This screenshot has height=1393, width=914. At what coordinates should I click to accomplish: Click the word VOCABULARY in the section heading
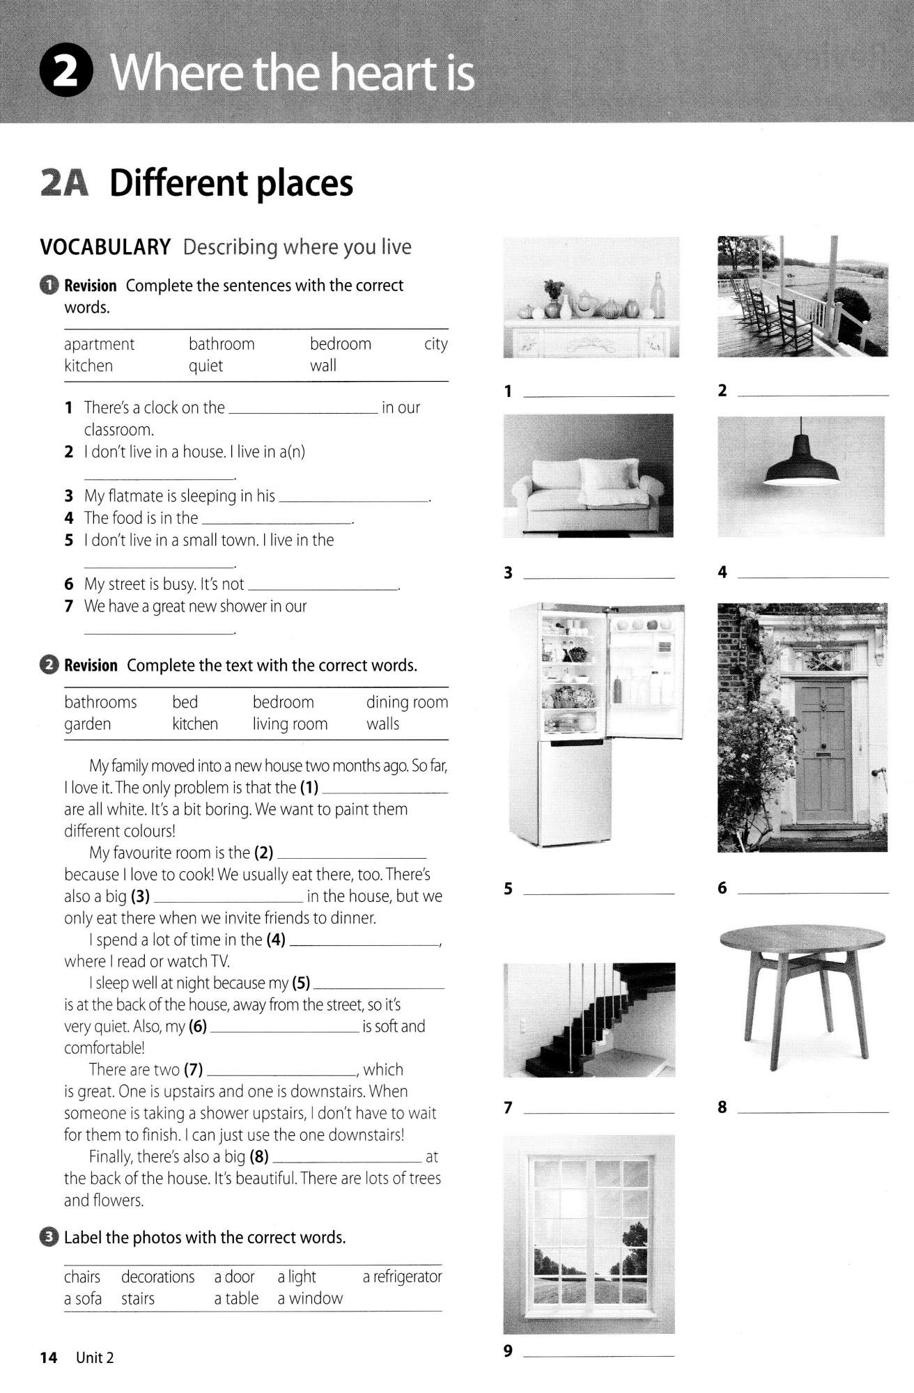pyautogui.click(x=105, y=247)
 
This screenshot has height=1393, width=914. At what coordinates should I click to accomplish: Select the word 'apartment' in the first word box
pyautogui.click(x=99, y=344)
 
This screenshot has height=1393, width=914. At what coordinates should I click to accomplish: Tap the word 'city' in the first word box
pyautogui.click(x=435, y=344)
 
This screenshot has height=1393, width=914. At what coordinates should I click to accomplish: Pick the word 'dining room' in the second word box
pyautogui.click(x=407, y=702)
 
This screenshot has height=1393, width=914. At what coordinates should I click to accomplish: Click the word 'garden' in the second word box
pyautogui.click(x=87, y=724)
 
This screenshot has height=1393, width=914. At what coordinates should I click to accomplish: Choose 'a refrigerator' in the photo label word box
pyautogui.click(x=402, y=1277)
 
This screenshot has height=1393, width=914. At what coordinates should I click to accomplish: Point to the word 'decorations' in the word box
pyautogui.click(x=157, y=1277)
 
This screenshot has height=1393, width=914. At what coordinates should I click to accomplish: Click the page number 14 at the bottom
pyautogui.click(x=48, y=1357)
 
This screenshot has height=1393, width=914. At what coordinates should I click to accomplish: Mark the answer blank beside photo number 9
pyautogui.click(x=598, y=1355)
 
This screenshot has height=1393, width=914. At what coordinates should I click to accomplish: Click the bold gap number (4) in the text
pyautogui.click(x=276, y=940)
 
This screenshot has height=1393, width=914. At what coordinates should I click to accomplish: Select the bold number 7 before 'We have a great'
pyautogui.click(x=68, y=607)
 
